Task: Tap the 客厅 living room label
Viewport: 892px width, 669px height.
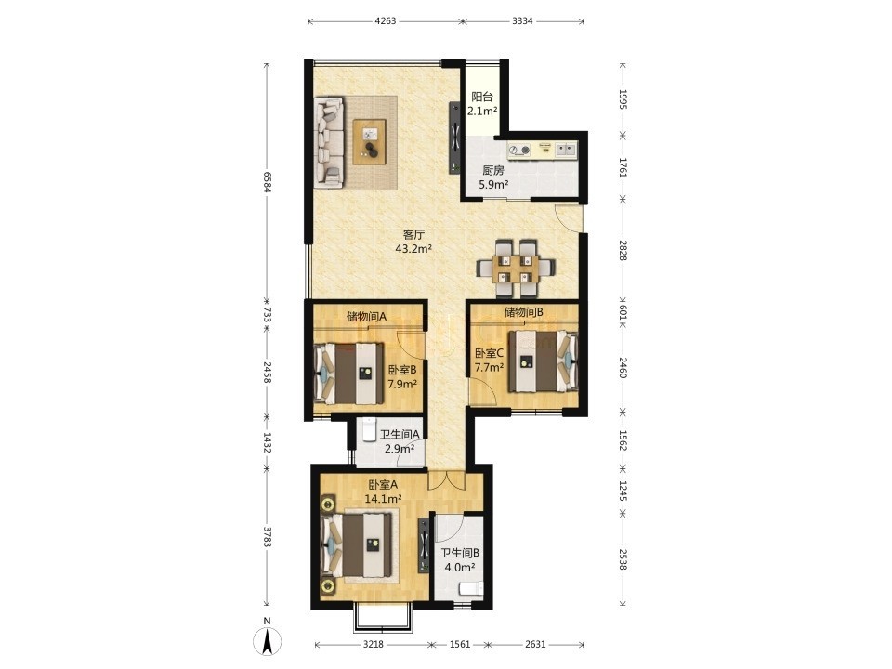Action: point(414,234)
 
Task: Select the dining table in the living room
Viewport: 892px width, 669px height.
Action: point(516,269)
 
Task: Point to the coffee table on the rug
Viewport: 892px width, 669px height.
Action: point(370,141)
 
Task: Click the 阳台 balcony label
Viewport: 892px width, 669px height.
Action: point(482,98)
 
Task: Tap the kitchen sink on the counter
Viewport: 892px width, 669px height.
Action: point(565,149)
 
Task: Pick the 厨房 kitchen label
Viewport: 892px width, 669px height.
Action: point(493,170)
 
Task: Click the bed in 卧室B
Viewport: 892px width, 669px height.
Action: point(348,374)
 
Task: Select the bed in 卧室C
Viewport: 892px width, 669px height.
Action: point(544,361)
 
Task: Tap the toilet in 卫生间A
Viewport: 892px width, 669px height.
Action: point(369,429)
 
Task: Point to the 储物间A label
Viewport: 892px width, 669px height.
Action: point(366,317)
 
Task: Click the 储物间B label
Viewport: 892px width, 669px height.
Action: point(524,312)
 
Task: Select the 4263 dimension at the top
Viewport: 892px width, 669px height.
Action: point(385,21)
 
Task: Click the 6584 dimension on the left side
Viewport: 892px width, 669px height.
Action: point(267,181)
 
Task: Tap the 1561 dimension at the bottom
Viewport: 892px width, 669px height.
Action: point(460,644)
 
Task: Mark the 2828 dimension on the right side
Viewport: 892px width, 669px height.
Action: point(623,250)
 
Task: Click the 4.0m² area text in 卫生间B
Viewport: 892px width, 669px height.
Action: point(460,567)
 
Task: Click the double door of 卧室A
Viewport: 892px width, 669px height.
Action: point(448,481)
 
